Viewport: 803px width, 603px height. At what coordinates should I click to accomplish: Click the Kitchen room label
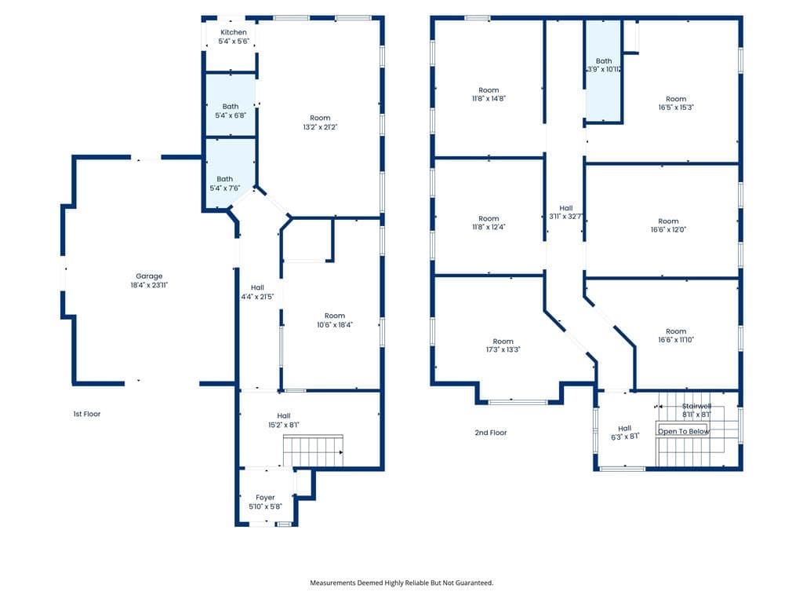234,32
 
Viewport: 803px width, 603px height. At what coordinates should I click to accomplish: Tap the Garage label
149,276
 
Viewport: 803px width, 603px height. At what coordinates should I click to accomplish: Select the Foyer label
265,497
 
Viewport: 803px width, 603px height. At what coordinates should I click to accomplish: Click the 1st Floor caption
86,414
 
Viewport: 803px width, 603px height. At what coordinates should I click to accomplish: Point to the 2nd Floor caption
491,433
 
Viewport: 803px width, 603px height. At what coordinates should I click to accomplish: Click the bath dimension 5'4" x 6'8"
231,115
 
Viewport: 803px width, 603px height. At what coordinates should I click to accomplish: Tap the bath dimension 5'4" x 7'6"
225,188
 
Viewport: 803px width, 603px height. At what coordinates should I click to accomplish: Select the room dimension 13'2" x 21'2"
320,127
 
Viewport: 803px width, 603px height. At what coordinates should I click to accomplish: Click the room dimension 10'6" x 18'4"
335,324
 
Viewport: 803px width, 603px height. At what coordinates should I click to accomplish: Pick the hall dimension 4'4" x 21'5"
257,296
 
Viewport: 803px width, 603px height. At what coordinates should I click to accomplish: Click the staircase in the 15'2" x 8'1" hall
313,451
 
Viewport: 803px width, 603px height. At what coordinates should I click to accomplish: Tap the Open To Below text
684,431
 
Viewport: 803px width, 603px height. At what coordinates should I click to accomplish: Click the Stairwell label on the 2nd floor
696,406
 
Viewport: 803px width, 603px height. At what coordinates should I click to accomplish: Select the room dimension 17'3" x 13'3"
503,349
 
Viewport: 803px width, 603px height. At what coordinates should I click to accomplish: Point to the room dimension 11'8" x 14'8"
489,98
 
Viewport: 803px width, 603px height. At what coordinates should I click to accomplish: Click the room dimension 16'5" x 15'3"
676,107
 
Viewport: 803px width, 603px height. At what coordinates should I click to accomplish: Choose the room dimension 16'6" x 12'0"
668,230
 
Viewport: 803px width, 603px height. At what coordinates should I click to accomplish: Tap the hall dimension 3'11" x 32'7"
566,217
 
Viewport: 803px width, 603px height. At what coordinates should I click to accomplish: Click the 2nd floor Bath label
604,60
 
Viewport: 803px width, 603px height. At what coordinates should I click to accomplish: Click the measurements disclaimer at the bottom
401,583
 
